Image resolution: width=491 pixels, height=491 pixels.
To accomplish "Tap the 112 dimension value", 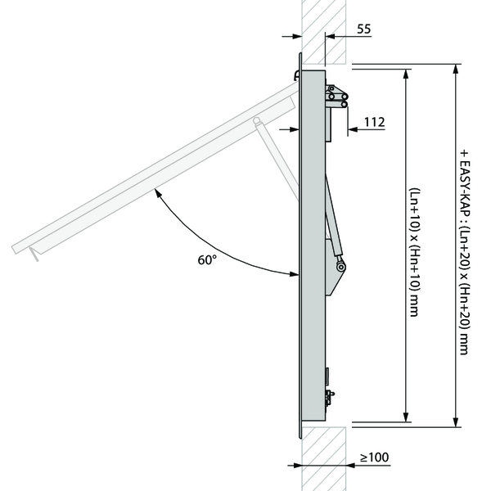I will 374,122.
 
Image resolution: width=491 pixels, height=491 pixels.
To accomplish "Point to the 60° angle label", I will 207,260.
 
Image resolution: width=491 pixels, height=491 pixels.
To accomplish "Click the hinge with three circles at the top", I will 337,97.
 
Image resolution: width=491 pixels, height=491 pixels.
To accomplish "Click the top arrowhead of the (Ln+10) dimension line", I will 406,73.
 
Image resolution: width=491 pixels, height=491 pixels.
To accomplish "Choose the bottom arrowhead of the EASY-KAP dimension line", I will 455,422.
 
